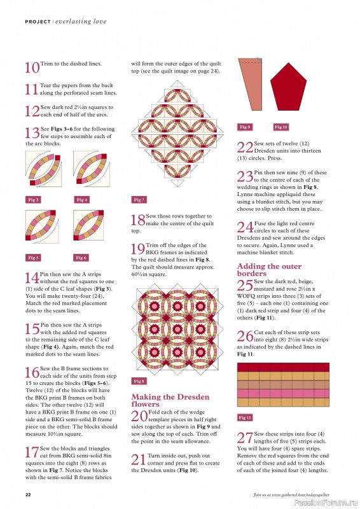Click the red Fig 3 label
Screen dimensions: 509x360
[x=34, y=200]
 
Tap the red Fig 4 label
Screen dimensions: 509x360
[x=82, y=200]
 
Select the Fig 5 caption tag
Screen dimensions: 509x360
[x=34, y=258]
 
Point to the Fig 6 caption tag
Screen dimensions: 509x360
[x=81, y=258]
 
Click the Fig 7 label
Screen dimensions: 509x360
[x=139, y=200]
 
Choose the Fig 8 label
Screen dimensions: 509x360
[x=139, y=381]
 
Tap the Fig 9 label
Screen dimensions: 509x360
[x=245, y=127]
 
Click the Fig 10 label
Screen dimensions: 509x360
[x=280, y=127]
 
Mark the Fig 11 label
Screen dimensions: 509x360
[x=245, y=417]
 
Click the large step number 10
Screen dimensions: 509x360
[x=32, y=68]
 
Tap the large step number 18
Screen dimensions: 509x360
[x=138, y=221]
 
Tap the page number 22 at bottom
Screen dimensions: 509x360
[x=29, y=494]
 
